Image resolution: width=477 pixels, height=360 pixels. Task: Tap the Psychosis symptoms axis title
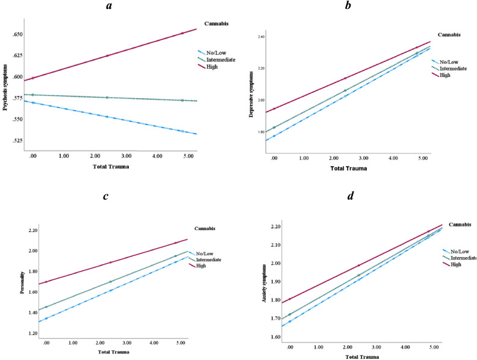[5, 86]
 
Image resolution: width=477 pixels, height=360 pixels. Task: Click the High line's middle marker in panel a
[107, 55]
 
